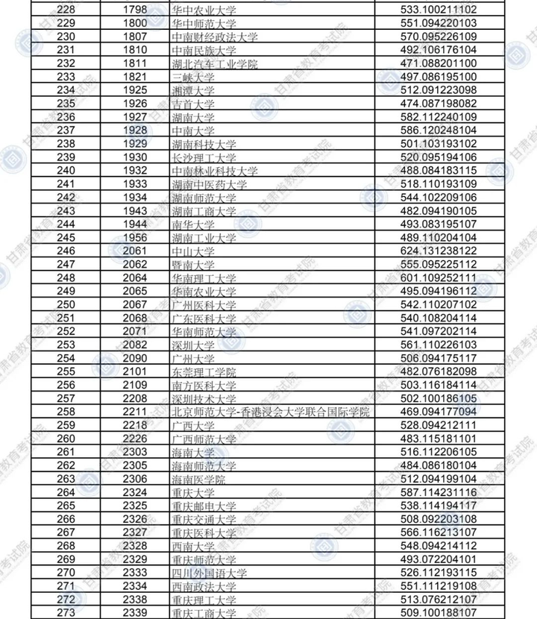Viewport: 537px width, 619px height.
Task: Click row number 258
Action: coord(66,412)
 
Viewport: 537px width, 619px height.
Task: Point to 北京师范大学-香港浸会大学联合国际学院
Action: coord(271,412)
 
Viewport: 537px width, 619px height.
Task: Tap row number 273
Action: coord(66,613)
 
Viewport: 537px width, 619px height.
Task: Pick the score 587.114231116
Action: coord(438,492)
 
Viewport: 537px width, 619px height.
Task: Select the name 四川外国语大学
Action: coord(208,573)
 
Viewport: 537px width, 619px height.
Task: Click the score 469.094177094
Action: coord(438,412)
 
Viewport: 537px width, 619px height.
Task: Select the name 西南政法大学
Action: coord(203,586)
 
